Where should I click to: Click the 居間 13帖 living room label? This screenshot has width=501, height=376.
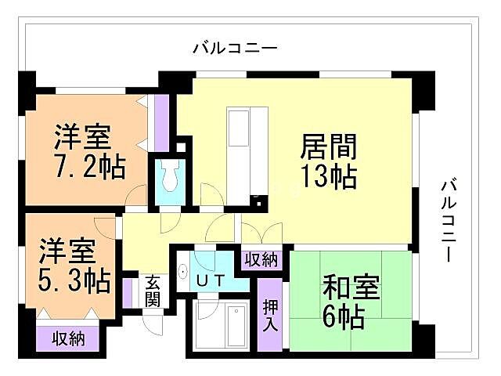[329, 161]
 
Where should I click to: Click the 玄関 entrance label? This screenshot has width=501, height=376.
[153, 290]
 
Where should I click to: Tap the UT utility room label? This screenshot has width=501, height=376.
[211, 279]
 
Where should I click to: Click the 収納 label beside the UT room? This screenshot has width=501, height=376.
[260, 259]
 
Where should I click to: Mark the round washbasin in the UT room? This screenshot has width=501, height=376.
[182, 273]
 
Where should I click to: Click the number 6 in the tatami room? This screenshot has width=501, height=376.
[332, 317]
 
